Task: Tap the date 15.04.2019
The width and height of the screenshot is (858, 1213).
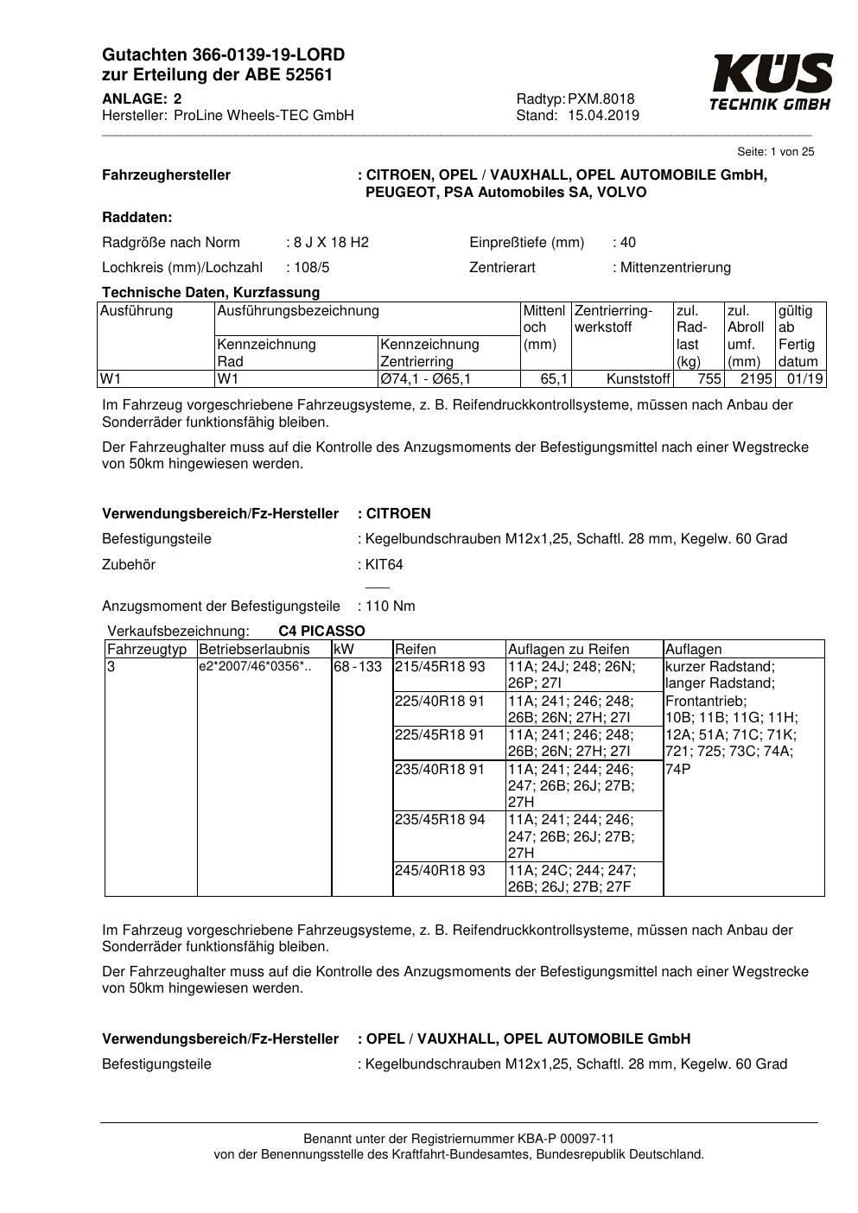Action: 603,116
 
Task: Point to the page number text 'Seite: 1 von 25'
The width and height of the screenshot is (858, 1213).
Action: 775,152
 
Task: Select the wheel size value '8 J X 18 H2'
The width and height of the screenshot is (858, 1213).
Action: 331,243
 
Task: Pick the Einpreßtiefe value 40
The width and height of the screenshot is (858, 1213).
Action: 628,243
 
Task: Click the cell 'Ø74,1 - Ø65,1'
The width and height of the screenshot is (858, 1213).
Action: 425,379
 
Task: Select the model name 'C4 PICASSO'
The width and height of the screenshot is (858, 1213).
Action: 321,632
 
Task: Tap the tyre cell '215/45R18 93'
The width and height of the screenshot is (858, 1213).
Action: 440,667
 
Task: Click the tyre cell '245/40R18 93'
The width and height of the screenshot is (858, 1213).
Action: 440,871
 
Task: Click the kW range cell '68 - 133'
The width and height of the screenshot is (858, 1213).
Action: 358,667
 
